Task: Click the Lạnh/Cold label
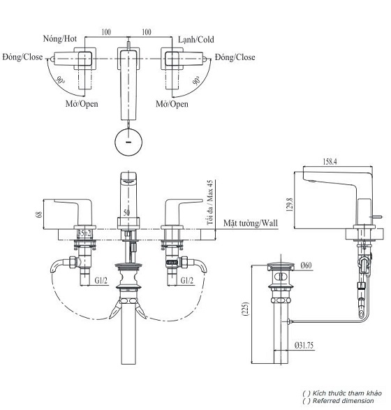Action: point(195,39)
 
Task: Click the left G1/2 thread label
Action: point(101,281)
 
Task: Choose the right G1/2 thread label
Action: point(188,281)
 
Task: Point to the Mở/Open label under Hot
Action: point(82,104)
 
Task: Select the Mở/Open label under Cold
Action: point(172,104)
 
